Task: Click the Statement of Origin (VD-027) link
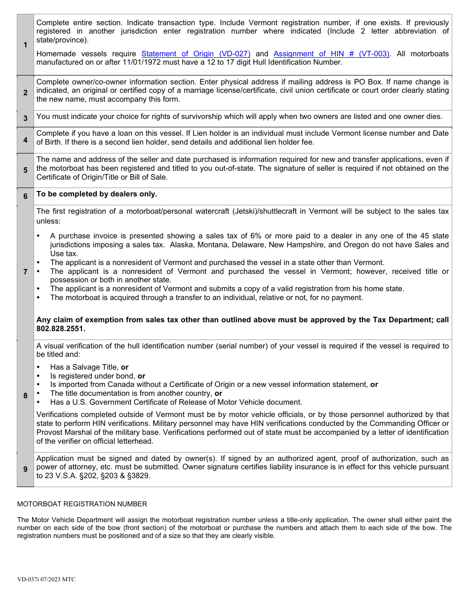[x=196, y=54]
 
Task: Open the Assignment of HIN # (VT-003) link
[x=331, y=54]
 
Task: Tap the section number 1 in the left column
[x=25, y=45]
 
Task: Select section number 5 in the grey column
[x=25, y=170]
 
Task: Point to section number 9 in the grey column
[x=25, y=469]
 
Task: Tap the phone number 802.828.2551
[x=61, y=329]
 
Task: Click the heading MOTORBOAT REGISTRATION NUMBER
[x=82, y=504]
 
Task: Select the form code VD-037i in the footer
[x=28, y=579]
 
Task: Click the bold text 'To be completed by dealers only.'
[x=97, y=194]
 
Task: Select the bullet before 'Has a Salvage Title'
[x=39, y=367]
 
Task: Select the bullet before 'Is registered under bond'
[x=39, y=376]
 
